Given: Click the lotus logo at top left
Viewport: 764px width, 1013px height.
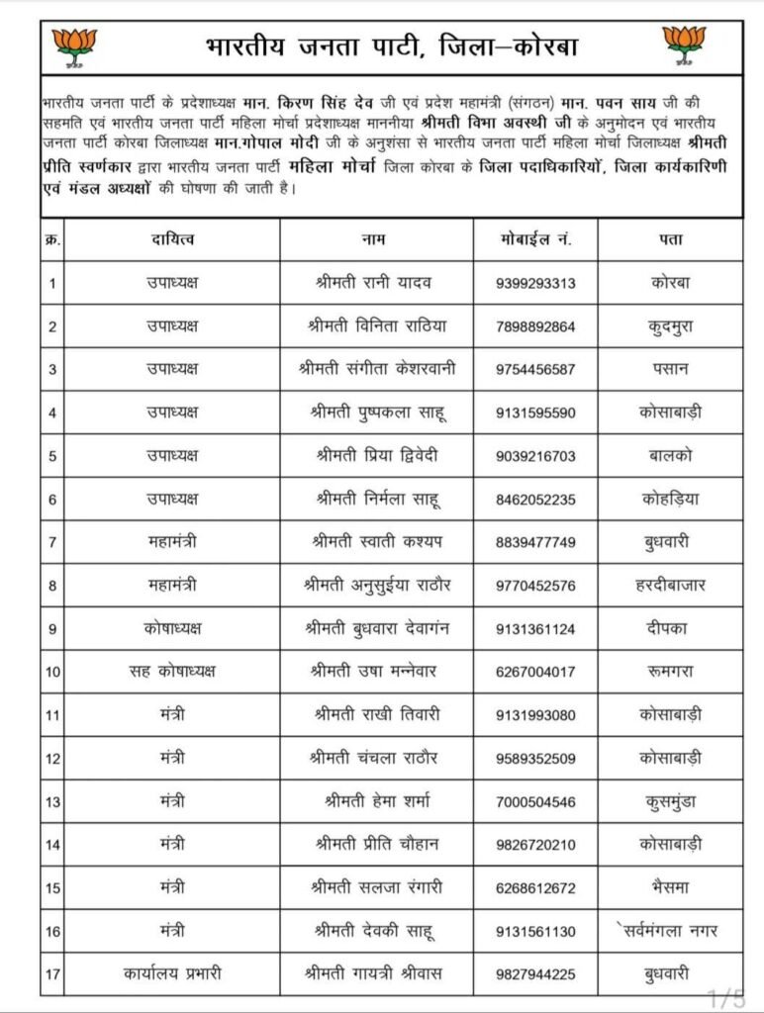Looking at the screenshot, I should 75,44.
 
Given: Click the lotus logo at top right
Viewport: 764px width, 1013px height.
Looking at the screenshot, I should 685,44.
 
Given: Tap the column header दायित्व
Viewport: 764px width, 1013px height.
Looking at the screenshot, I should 172,239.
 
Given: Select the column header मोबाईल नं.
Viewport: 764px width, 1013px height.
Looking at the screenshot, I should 535,239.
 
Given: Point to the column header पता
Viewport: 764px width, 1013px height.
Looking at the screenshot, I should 670,239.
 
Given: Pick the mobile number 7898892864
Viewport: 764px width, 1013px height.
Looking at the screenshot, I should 535,326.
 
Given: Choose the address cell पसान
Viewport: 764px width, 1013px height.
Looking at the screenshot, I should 670,369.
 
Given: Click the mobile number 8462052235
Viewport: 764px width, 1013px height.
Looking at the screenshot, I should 535,499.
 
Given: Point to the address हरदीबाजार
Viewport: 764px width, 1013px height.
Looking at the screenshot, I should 670,585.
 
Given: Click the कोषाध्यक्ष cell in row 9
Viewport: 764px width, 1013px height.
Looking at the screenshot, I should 172,628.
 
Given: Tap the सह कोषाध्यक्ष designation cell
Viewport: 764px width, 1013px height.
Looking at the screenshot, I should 172,672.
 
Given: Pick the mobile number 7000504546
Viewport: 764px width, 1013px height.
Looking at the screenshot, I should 535,801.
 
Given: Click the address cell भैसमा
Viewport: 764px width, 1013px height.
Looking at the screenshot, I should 670,887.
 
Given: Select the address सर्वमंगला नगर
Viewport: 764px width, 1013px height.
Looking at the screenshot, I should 673,931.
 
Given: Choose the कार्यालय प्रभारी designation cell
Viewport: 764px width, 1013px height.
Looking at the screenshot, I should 172,974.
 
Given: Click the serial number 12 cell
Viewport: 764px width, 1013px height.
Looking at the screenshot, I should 52,758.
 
